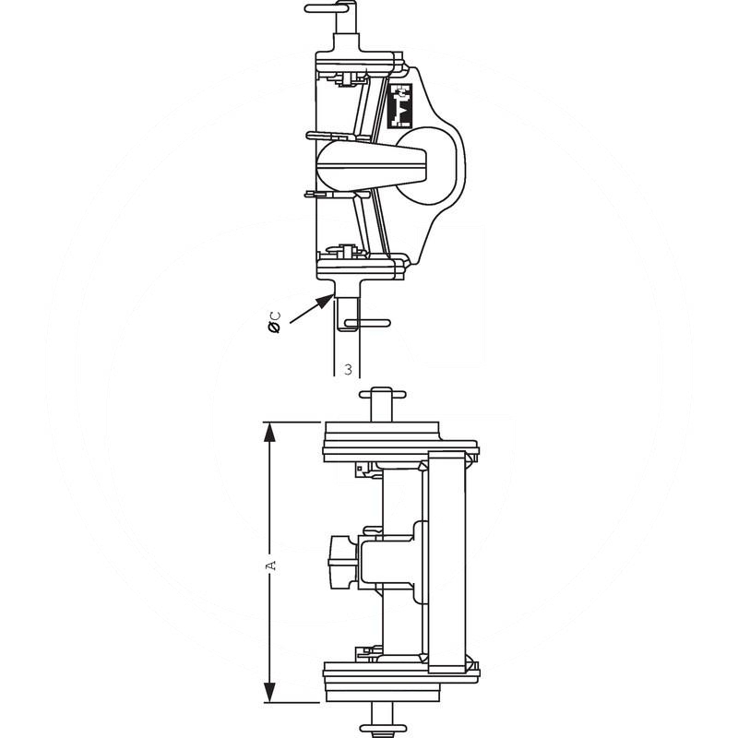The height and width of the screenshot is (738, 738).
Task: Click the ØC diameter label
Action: (274, 322)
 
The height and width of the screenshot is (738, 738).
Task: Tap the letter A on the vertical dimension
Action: (270, 565)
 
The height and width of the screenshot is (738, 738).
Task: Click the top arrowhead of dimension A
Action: (269, 432)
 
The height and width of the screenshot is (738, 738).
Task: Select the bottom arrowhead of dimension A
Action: (269, 692)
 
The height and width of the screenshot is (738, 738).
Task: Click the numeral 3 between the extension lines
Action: (348, 370)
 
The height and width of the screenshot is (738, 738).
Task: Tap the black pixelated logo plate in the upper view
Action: (399, 105)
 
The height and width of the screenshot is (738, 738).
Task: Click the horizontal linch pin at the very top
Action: (327, 8)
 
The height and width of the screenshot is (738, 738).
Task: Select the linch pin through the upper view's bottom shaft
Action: (367, 324)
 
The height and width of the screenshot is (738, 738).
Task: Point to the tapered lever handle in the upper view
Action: (372, 166)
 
